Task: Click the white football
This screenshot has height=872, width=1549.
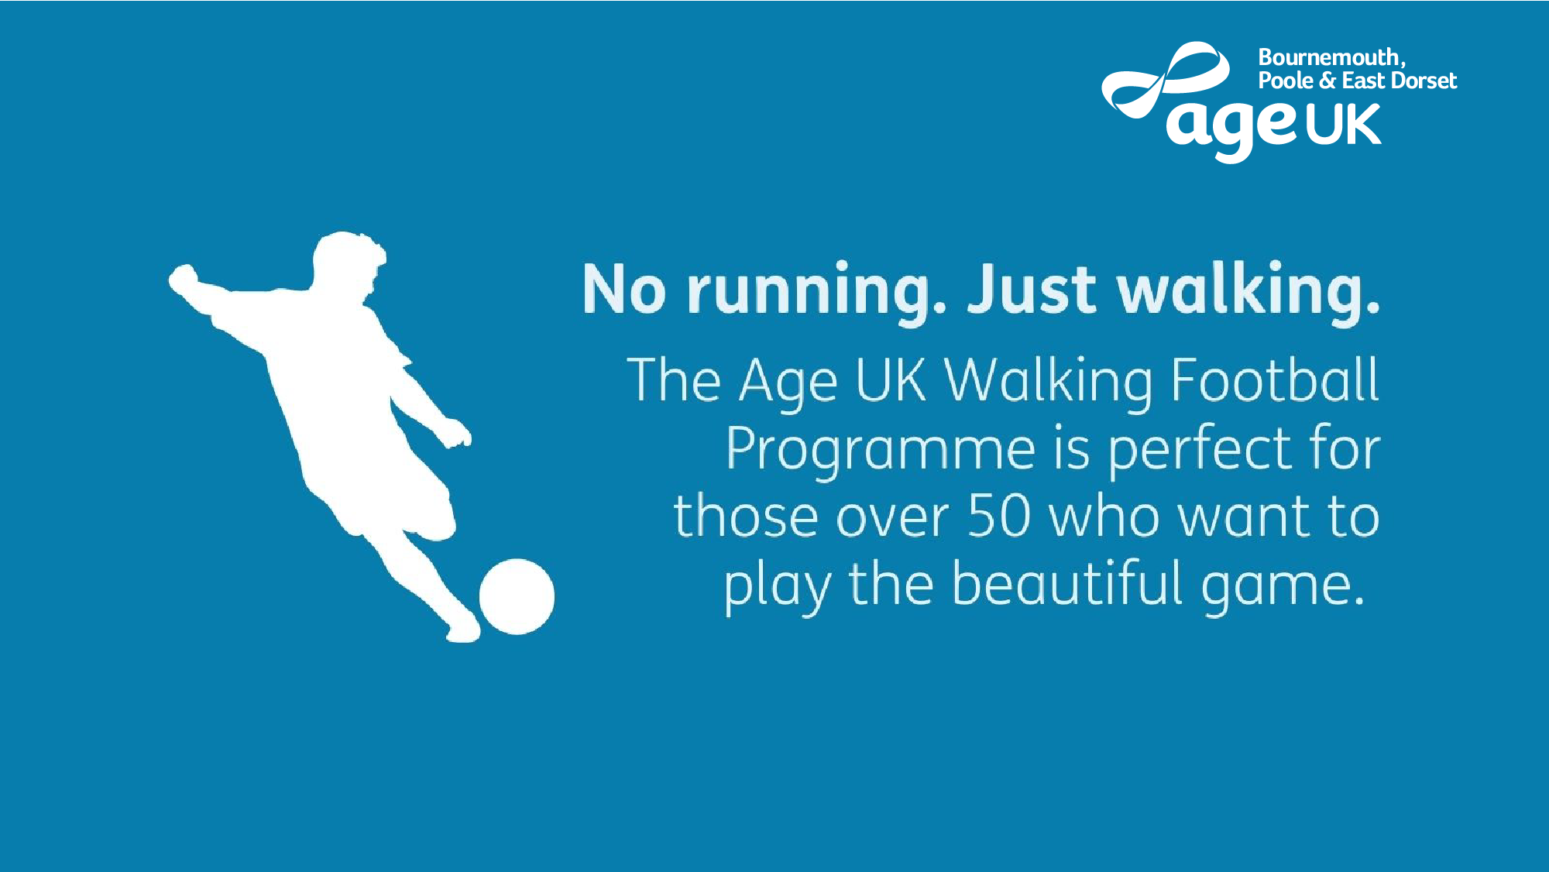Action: click(x=517, y=596)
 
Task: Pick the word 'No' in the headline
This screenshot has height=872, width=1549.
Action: click(x=623, y=289)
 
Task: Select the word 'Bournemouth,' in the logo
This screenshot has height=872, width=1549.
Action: click(x=1331, y=57)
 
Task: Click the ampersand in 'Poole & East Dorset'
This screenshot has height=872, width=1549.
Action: click(x=1327, y=81)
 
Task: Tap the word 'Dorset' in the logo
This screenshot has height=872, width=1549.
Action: click(x=1424, y=81)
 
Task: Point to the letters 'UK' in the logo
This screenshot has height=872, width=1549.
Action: click(x=1344, y=125)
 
